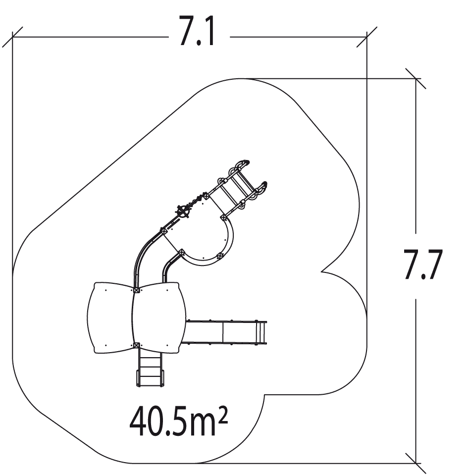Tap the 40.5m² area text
(179, 423)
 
